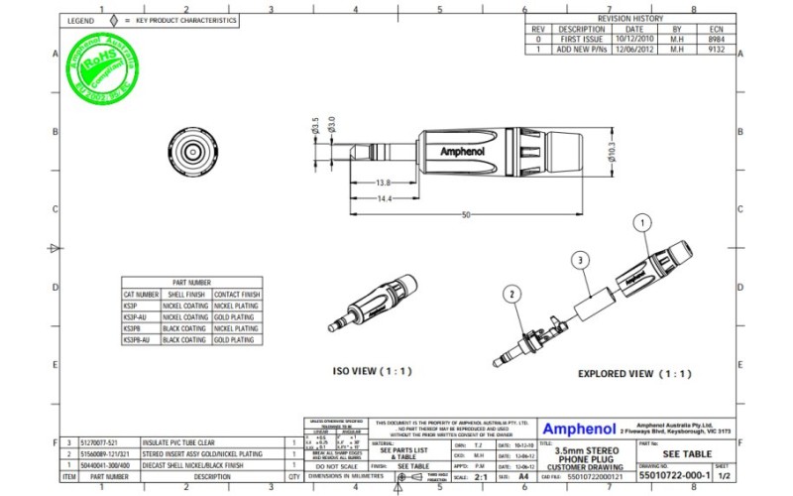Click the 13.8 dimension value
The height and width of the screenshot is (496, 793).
click(x=384, y=184)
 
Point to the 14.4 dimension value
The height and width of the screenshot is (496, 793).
click(x=384, y=199)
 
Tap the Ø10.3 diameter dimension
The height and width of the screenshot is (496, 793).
click(x=611, y=150)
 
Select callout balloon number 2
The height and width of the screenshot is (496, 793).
click(x=511, y=294)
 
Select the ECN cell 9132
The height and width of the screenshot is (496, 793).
click(x=716, y=49)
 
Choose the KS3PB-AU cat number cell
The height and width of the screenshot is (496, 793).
click(x=141, y=339)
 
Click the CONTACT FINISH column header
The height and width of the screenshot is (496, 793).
click(x=236, y=295)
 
